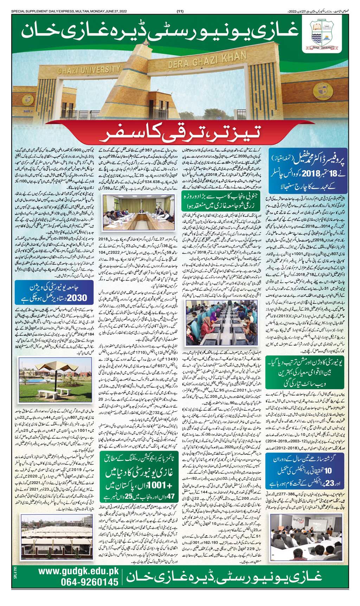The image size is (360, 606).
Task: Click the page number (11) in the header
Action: [179, 3]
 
